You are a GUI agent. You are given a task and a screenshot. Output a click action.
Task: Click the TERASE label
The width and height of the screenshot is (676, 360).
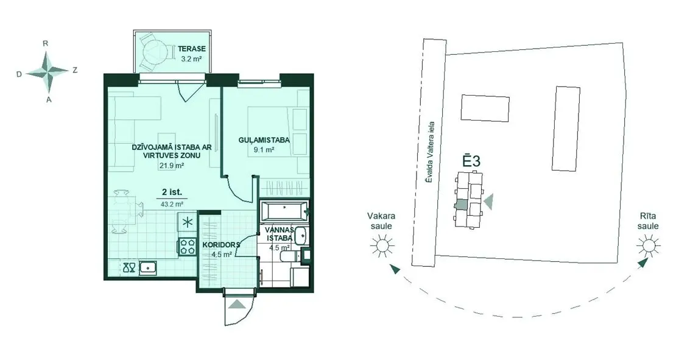[x=192, y=49]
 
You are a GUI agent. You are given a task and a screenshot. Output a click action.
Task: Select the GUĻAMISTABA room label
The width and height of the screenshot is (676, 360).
[x=264, y=140]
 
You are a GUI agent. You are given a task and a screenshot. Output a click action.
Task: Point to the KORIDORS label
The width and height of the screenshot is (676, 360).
[x=220, y=245]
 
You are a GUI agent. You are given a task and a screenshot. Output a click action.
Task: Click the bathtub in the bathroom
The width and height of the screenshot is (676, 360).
[x=284, y=212]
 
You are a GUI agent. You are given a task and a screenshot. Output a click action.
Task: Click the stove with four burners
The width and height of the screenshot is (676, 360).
[x=187, y=246]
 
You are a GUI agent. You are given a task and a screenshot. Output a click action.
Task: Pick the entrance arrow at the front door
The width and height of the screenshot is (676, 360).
[x=237, y=304]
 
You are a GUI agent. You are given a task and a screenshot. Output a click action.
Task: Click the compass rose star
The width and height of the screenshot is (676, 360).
[x=48, y=71]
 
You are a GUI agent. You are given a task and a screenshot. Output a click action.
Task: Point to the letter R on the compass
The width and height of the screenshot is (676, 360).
[x=45, y=43]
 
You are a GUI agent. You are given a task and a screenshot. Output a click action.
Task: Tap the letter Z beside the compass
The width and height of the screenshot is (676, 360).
[x=75, y=70]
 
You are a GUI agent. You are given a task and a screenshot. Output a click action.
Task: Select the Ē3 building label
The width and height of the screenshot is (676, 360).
[x=471, y=161]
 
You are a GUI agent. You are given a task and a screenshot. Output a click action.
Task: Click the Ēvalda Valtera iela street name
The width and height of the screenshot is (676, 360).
[x=429, y=152]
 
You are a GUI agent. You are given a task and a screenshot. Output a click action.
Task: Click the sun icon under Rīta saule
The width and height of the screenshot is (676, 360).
[x=648, y=245]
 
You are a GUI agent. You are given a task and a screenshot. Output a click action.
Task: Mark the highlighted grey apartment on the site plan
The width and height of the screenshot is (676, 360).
[x=461, y=206]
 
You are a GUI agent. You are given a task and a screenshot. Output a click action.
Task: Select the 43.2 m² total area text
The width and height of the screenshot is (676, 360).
[x=172, y=204]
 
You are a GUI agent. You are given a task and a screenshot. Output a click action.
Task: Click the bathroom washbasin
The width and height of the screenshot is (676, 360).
[x=301, y=235]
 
